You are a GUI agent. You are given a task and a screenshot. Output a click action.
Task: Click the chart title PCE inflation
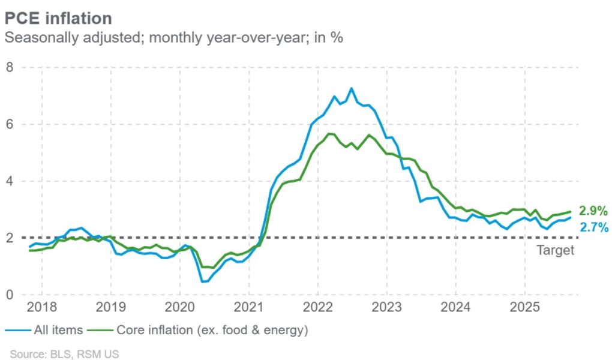tap(58, 17)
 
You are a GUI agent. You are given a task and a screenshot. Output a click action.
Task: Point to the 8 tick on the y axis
tap(10, 67)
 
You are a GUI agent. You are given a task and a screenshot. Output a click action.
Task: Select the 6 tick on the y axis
tap(10, 124)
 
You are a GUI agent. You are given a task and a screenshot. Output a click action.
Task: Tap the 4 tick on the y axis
tap(10, 181)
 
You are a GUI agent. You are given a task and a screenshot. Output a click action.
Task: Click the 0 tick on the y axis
tap(10, 295)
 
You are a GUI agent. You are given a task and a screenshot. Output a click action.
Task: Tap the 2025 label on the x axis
tap(524, 308)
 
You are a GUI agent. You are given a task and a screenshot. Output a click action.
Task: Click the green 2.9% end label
tap(593, 211)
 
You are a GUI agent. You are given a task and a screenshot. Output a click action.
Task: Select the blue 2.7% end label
tap(593, 227)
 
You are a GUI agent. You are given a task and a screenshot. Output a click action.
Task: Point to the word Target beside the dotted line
tap(555, 250)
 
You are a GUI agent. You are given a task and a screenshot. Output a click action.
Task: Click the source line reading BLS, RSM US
tap(64, 354)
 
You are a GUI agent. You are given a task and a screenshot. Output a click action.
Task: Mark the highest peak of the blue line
tap(352, 89)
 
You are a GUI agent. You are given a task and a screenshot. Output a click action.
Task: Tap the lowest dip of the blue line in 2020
tap(202, 281)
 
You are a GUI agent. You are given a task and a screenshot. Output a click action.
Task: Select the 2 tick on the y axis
tap(10, 238)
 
